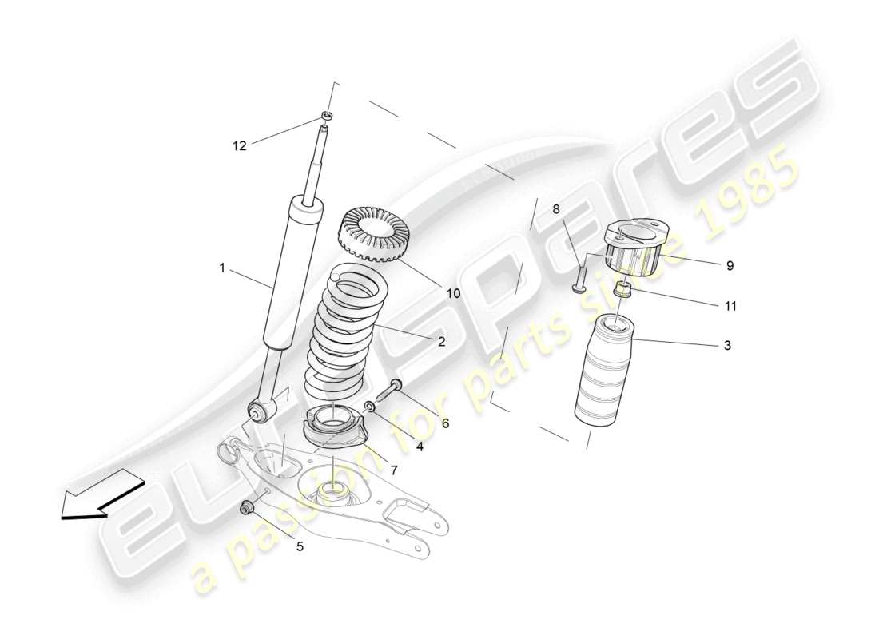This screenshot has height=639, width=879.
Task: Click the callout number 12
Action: [x=240, y=145]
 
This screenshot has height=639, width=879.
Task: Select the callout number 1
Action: [x=223, y=268]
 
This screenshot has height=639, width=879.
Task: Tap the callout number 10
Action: [x=453, y=293]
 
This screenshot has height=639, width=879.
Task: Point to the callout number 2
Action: [x=440, y=341]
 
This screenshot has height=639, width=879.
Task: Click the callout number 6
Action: [x=445, y=423]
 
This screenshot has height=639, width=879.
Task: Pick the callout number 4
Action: [x=419, y=447]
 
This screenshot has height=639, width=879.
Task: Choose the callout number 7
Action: [x=393, y=470]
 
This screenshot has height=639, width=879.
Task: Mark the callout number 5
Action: [x=300, y=546]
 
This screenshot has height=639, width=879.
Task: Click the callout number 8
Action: [x=556, y=210]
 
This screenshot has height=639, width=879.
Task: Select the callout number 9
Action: [x=730, y=265]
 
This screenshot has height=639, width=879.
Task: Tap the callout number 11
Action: [x=730, y=305]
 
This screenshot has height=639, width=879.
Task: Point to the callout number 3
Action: [x=726, y=345]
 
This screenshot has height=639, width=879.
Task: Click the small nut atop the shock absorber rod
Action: [x=327, y=116]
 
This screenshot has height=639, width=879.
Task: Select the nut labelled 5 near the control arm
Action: [x=247, y=506]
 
